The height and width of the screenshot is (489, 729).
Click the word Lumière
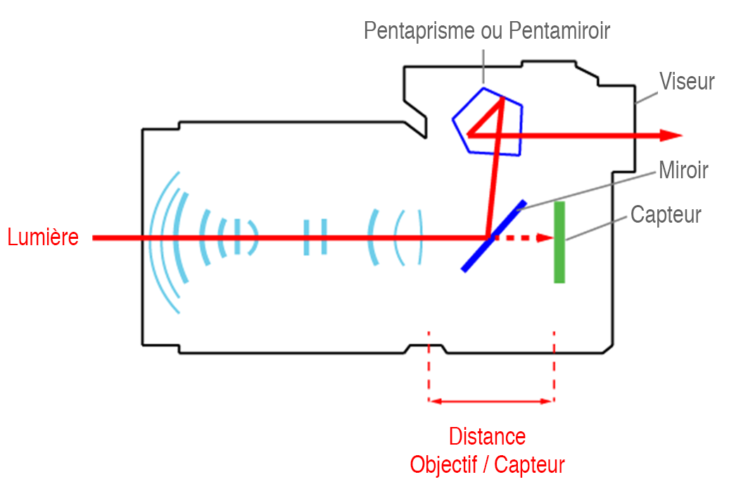[43, 237]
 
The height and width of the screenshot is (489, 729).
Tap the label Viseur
[686, 81]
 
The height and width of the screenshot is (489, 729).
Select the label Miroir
[683, 170]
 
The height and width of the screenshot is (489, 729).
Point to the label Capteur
[666, 214]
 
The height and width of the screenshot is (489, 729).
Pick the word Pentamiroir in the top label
[559, 30]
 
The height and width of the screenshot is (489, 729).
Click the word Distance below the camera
[487, 436]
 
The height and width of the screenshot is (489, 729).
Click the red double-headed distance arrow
[491, 402]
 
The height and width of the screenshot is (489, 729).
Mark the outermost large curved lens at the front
[160, 240]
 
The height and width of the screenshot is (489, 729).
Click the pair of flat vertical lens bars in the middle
[315, 237]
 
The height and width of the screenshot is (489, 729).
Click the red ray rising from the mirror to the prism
[495, 169]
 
